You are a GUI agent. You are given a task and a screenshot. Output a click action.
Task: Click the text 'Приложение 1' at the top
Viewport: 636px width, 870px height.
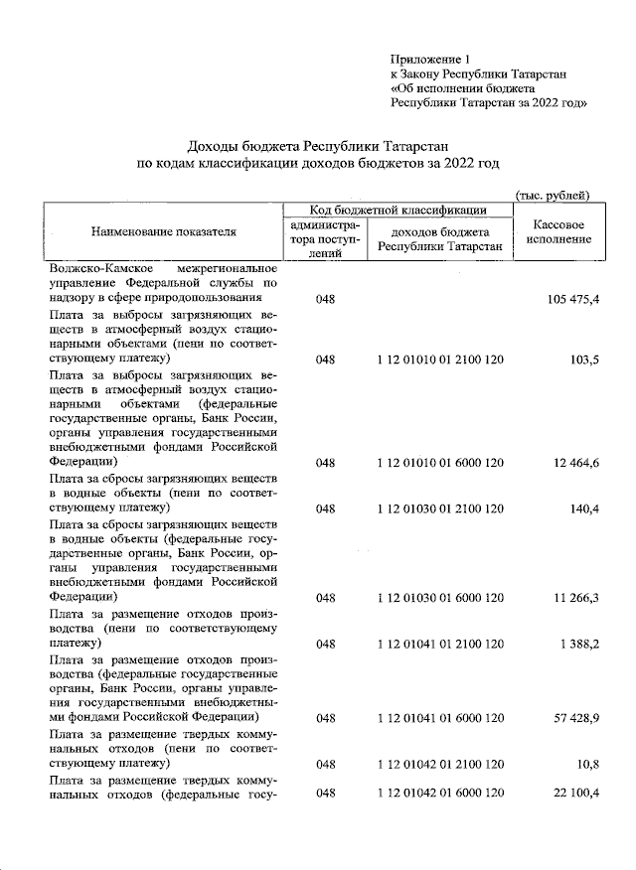coord(429,60)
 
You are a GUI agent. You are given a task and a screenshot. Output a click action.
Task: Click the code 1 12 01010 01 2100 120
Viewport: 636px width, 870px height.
coord(439,359)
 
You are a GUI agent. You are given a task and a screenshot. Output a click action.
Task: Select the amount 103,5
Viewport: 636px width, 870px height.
coord(583,359)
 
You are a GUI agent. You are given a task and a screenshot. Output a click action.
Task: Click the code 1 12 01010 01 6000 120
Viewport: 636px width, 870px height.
coord(439,463)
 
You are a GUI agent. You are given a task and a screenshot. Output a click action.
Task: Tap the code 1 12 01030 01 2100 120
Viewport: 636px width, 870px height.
coord(439,508)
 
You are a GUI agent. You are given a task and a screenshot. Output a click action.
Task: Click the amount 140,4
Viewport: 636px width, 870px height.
coord(583,508)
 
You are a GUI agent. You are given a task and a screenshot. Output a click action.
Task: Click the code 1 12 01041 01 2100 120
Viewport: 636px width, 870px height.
coord(439,644)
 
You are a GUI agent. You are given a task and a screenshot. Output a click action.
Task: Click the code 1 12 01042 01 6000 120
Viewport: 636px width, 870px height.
coord(439,793)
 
